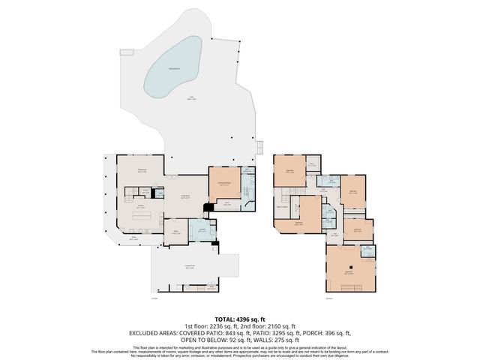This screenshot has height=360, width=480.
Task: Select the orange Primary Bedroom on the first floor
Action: click(x=224, y=183)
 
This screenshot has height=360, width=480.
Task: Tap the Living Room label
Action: click(x=185, y=197)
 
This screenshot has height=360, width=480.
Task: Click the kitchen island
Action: click(x=143, y=217)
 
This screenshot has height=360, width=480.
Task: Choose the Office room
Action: click(x=177, y=232)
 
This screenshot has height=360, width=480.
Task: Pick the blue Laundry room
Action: click(x=202, y=231)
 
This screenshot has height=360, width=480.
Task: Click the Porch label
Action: click(x=134, y=238)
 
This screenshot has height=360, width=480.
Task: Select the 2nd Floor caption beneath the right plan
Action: click(x=328, y=298)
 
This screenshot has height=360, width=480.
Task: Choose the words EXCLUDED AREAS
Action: click(x=154, y=333)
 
